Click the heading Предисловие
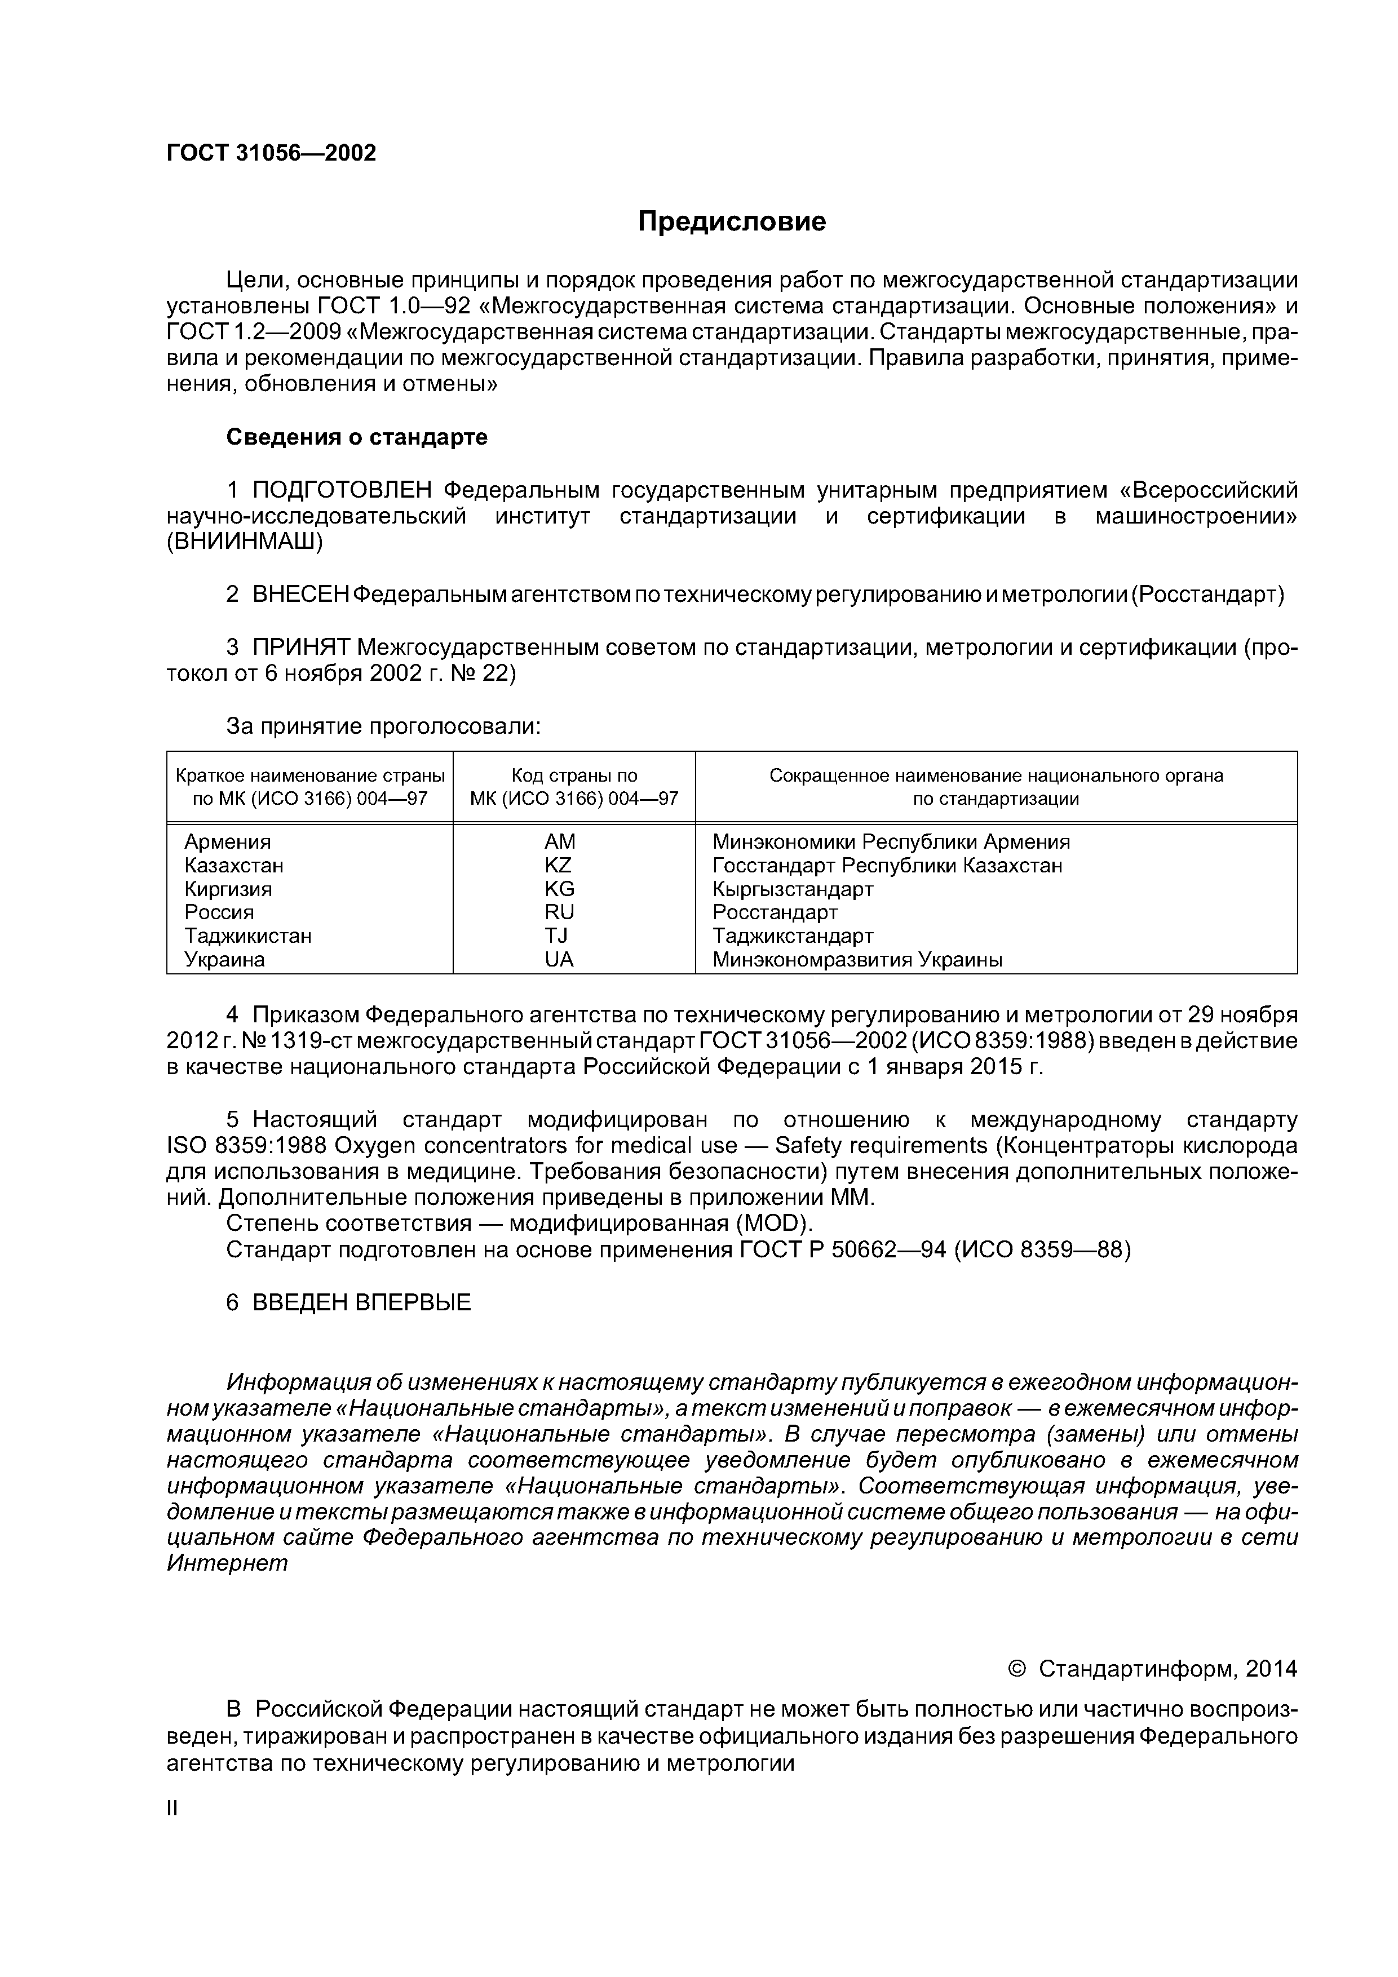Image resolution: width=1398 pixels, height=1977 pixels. (731, 222)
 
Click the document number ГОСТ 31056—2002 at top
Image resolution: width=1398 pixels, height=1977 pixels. (271, 153)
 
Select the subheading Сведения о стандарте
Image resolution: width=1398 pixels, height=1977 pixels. (357, 437)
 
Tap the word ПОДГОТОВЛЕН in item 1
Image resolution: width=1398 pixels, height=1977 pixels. (342, 490)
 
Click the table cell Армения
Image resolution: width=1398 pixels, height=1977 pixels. (227, 841)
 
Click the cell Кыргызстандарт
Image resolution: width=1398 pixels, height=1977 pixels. (793, 889)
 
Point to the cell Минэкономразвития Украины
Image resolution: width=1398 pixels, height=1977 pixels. (857, 959)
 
